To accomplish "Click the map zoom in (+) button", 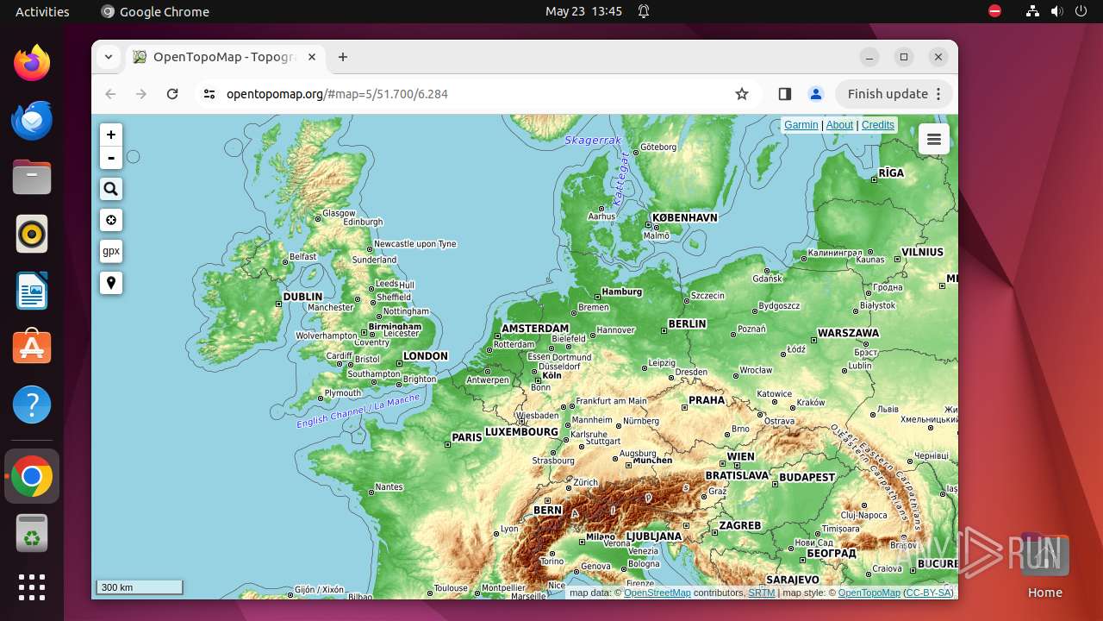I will click(111, 135).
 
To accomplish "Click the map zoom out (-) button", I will click(111, 158).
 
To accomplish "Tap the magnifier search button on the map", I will click(111, 189).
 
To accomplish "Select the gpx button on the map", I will click(111, 251).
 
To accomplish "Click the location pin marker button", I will click(111, 283).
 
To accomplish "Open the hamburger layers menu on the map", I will click(934, 139).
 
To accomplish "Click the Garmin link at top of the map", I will click(801, 125).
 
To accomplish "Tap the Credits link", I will click(877, 125).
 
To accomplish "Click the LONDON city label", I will click(426, 356).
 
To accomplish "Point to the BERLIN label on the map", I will click(687, 324).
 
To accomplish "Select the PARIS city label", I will click(467, 437).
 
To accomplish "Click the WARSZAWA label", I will click(848, 333).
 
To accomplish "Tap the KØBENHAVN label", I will click(685, 218).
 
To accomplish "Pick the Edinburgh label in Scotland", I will click(363, 222).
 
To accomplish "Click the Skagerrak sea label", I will click(593, 140).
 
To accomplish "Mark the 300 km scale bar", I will click(140, 587).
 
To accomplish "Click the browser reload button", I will click(172, 94).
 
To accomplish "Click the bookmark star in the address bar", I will click(742, 94).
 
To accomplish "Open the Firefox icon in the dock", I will click(32, 64).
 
